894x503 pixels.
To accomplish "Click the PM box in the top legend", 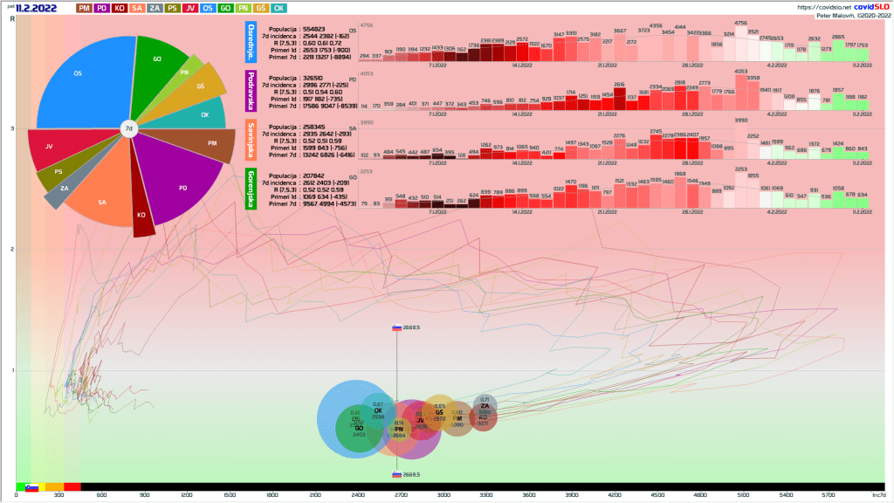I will click(84, 8).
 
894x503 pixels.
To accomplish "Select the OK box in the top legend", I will click(279, 8).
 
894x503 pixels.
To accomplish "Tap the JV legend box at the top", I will click(189, 8).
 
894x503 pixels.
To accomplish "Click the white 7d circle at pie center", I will click(128, 128).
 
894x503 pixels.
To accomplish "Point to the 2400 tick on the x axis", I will click(358, 494).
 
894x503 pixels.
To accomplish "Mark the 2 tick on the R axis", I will click(11, 250).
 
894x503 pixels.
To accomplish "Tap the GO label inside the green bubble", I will click(359, 428).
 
